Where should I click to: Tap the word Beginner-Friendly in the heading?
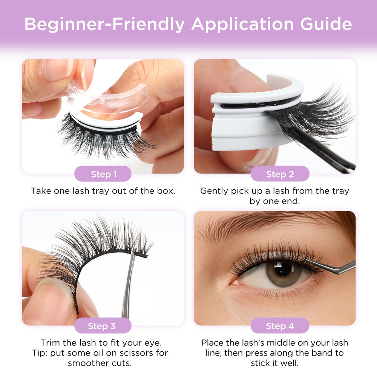pos(104,25)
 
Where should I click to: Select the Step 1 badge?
pos(103,173)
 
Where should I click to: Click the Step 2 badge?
pos(280,173)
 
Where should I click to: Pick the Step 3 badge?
pos(103,326)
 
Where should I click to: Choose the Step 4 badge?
pos(280,326)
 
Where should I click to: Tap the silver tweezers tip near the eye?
pos(307,260)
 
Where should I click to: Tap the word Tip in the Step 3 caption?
pos(39,353)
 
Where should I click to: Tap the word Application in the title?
pos(242,25)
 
